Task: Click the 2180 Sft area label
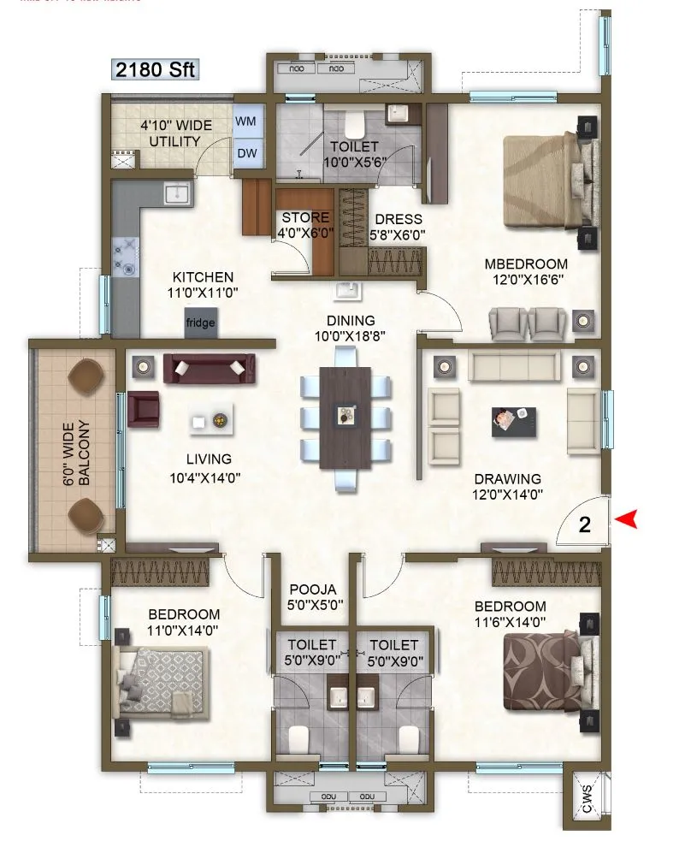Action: pyautogui.click(x=156, y=69)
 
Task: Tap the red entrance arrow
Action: pyautogui.click(x=629, y=519)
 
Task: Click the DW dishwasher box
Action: pyautogui.click(x=247, y=153)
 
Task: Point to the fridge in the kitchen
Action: pyautogui.click(x=201, y=323)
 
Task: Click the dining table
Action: pyautogui.click(x=346, y=417)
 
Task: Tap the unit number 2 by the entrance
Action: pyautogui.click(x=585, y=525)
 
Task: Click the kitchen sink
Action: pyautogui.click(x=177, y=193)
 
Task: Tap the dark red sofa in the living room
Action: pyautogui.click(x=210, y=368)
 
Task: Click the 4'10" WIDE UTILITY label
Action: pyautogui.click(x=170, y=133)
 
